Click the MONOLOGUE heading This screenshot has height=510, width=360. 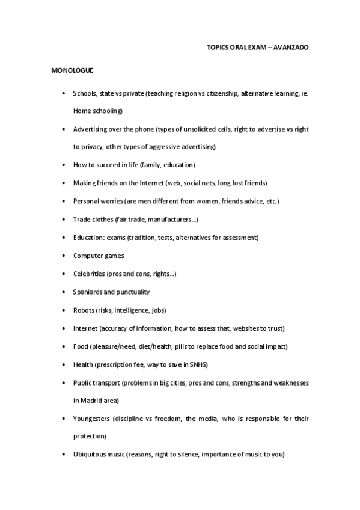(72, 70)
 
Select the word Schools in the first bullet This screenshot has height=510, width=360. (84, 93)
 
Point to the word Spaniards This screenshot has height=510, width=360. (88, 292)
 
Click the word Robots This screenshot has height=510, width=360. (84, 310)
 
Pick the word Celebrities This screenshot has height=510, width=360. (89, 274)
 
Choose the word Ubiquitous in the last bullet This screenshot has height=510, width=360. (91, 455)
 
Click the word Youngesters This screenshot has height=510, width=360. (92, 419)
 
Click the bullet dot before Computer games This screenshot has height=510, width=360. (64, 256)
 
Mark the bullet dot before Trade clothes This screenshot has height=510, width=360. (64, 220)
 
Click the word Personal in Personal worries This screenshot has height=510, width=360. (87, 201)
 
